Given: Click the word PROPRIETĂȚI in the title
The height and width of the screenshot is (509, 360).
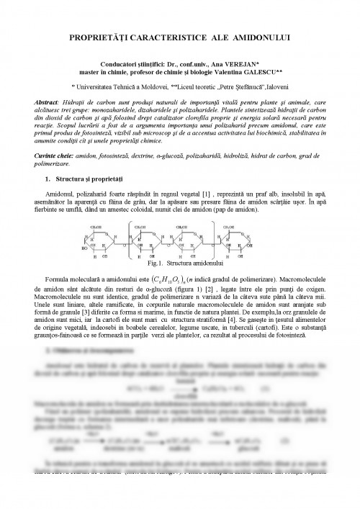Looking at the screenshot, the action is click(x=104, y=37).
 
